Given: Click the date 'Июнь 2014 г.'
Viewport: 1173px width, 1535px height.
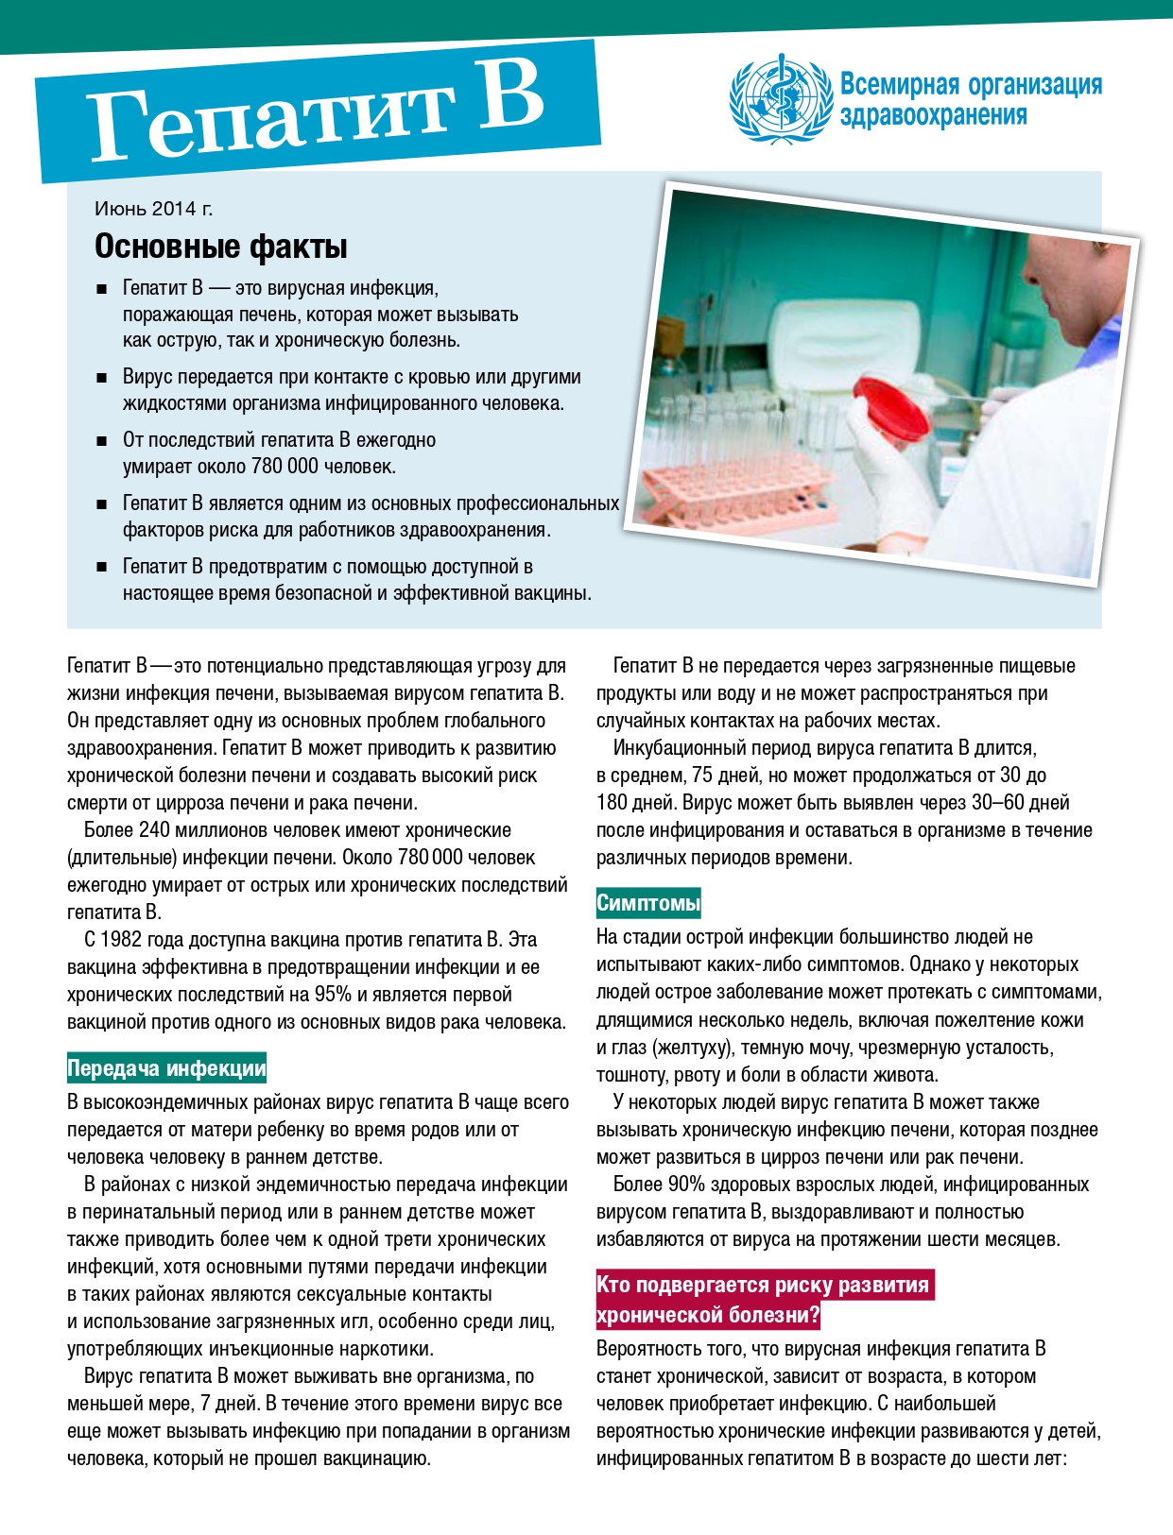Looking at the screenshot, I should click(x=153, y=209).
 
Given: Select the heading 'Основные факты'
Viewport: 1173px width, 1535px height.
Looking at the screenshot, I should click(x=221, y=247).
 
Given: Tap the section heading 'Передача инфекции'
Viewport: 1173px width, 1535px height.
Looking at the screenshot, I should click(x=166, y=1068).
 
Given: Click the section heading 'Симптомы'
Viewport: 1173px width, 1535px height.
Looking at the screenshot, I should click(x=648, y=903).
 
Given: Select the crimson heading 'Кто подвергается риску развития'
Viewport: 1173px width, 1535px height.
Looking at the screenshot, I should click(x=764, y=1286).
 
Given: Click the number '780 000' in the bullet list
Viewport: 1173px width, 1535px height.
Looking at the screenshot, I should click(x=284, y=467).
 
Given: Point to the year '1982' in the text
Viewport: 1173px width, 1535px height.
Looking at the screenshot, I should click(x=120, y=940).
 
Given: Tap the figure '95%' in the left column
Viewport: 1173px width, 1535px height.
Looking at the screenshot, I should click(x=333, y=995).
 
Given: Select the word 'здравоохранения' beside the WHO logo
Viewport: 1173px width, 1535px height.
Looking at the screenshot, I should click(x=933, y=116).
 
